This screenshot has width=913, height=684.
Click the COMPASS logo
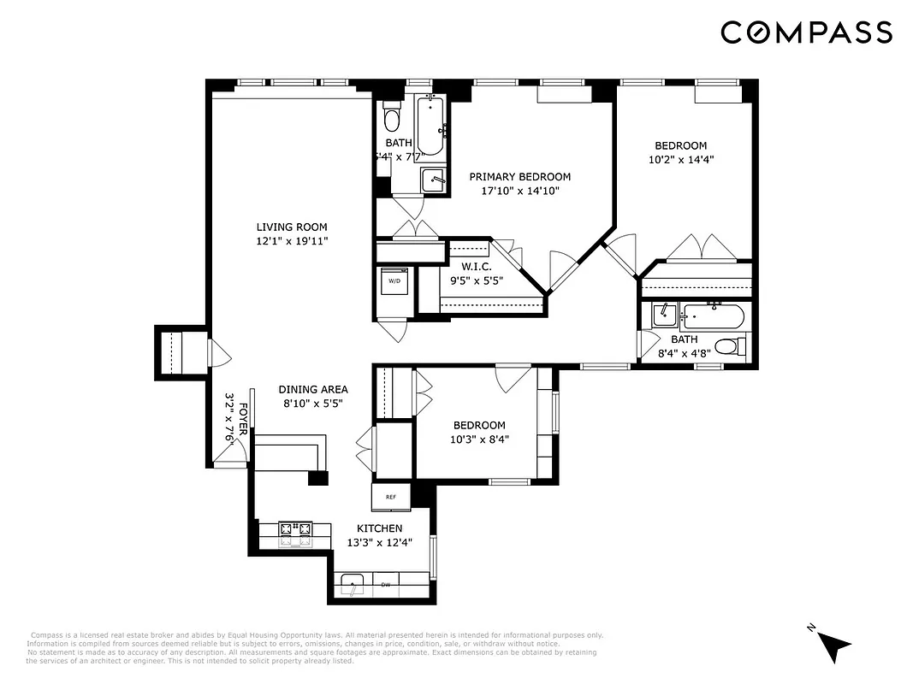click(806, 32)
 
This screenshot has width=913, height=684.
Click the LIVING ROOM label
click(292, 227)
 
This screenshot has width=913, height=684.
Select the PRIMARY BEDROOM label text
click(519, 177)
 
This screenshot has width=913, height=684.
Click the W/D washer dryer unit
click(394, 281)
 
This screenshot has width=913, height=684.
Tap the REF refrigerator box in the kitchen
click(391, 496)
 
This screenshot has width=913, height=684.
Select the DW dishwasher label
click(385, 586)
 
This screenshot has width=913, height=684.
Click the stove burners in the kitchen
click(295, 534)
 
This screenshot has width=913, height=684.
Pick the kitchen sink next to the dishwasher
click(352, 586)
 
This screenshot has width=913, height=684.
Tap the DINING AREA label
click(312, 390)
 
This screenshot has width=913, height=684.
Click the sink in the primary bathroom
click(435, 180)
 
